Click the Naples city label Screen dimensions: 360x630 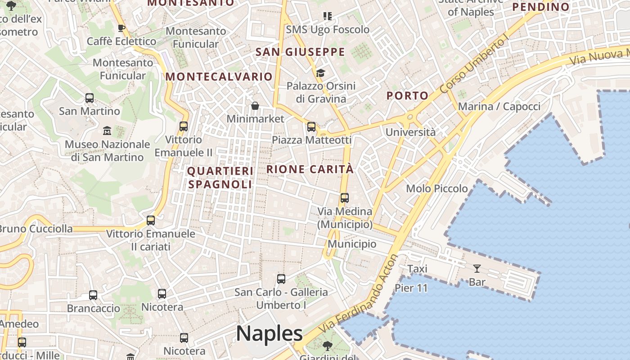click(x=269, y=334)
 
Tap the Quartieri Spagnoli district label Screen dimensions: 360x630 click(x=220, y=178)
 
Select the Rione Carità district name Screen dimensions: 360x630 click(x=310, y=170)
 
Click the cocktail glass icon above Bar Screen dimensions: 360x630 click(x=477, y=269)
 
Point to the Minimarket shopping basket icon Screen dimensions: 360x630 click(x=255, y=106)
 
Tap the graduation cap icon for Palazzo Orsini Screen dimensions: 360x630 click(x=320, y=73)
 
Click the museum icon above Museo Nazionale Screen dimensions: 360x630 click(x=107, y=131)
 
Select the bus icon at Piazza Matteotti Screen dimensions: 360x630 click(x=311, y=127)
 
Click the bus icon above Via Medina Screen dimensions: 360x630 click(x=345, y=198)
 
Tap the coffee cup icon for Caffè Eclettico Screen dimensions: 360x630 click(x=121, y=28)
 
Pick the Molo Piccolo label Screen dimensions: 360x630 click(x=437, y=189)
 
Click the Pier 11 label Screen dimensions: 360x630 click(x=411, y=288)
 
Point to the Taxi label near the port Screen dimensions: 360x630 click(x=417, y=269)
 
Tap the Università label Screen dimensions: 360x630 click(x=410, y=132)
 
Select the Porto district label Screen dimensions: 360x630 click(x=407, y=95)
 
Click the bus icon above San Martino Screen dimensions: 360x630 click(x=90, y=98)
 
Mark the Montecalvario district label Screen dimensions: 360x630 click(x=219, y=76)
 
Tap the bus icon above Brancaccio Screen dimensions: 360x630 click(x=93, y=295)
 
